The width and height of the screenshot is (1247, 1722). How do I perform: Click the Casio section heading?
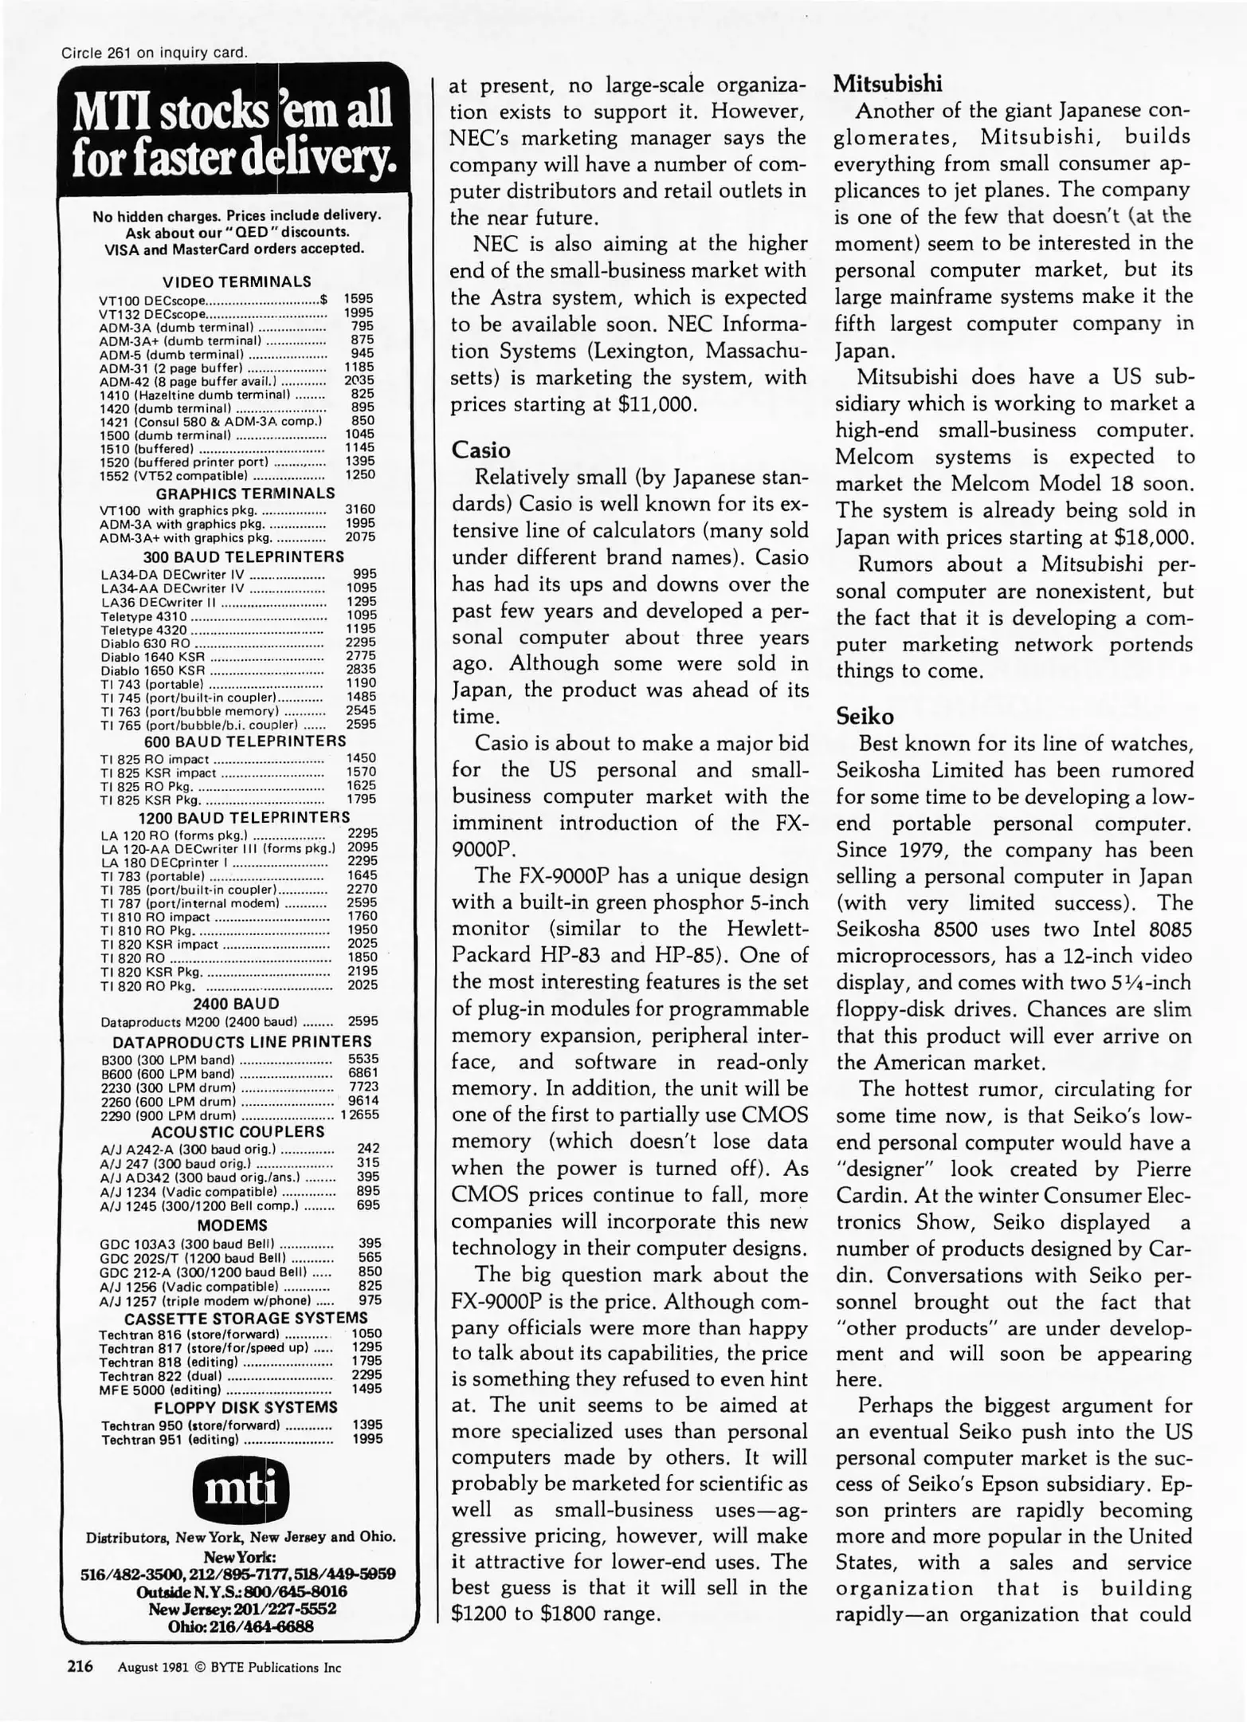[x=480, y=450]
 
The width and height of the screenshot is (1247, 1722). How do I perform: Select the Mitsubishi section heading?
[x=888, y=83]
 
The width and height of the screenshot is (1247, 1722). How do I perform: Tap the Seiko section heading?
[x=865, y=716]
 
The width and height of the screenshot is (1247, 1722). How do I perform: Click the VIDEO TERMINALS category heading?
[x=237, y=281]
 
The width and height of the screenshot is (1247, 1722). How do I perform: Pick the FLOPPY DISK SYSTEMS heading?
[x=245, y=1407]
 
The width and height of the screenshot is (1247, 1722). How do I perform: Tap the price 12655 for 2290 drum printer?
[x=360, y=1115]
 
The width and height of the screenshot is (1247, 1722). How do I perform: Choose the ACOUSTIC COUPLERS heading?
[x=237, y=1131]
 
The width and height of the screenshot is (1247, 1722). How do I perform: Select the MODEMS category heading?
[x=232, y=1225]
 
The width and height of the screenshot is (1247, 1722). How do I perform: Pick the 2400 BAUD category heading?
[x=237, y=1003]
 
